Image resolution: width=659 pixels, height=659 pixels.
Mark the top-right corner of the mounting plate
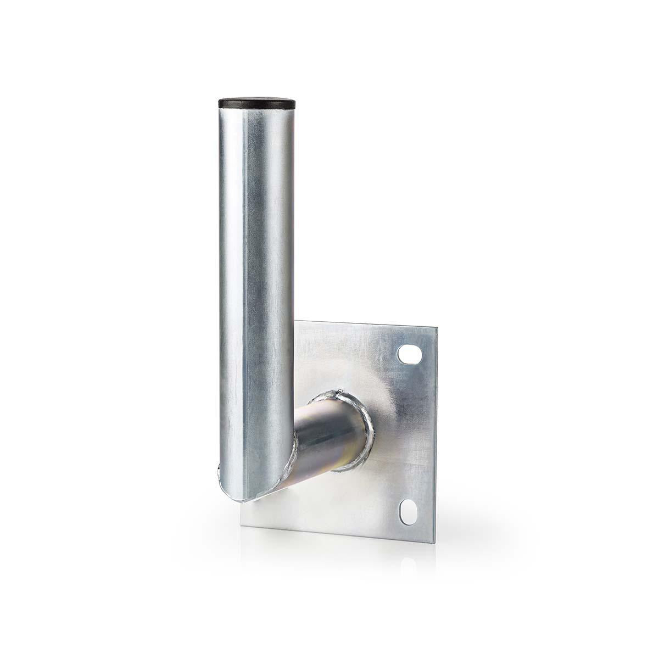(437, 328)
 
